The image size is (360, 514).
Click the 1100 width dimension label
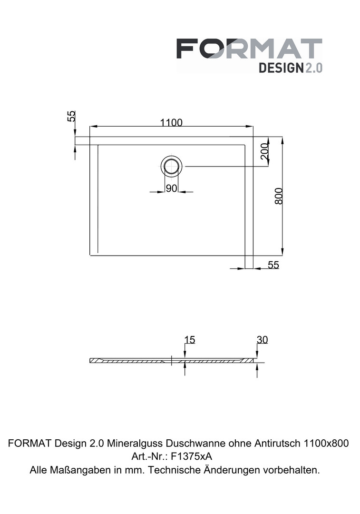(171, 123)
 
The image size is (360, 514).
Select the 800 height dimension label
(278, 196)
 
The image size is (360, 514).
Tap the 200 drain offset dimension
(264, 151)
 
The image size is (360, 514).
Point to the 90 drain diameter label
(171, 188)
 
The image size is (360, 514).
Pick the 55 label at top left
(71, 116)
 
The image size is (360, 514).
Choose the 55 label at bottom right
(273, 265)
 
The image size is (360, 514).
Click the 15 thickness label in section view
(190, 340)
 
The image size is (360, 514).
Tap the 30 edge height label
(262, 340)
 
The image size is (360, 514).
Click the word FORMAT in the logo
(249, 49)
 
